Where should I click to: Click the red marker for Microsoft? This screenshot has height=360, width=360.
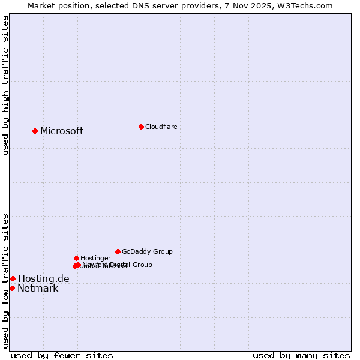[35, 131]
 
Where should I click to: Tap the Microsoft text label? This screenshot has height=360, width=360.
[62, 131]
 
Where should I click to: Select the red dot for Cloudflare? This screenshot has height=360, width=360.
[141, 127]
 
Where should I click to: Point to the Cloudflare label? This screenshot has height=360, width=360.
[161, 127]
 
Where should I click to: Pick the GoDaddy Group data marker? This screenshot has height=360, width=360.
[118, 251]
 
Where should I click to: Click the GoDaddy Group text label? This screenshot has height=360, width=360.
[147, 251]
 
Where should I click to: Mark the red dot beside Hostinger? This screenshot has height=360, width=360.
[76, 258]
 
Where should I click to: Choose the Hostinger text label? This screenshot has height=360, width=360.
[95, 258]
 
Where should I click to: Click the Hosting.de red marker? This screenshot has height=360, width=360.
[13, 278]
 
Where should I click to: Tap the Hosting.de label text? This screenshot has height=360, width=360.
[43, 278]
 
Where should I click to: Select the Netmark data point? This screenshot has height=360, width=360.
[12, 288]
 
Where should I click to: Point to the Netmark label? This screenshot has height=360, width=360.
[38, 289]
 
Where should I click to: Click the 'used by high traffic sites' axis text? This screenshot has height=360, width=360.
[5, 85]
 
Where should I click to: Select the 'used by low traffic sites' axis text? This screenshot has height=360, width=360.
[5, 280]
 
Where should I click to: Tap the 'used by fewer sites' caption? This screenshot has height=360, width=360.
[62, 356]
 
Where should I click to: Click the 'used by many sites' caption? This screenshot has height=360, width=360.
[301, 356]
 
